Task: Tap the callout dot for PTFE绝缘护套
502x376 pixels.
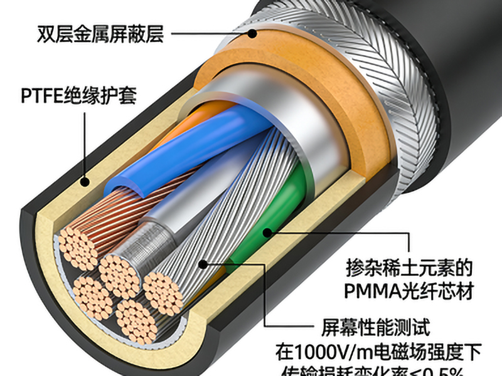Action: click(x=83, y=182)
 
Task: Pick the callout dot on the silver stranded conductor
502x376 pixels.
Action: click(x=203, y=264)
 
